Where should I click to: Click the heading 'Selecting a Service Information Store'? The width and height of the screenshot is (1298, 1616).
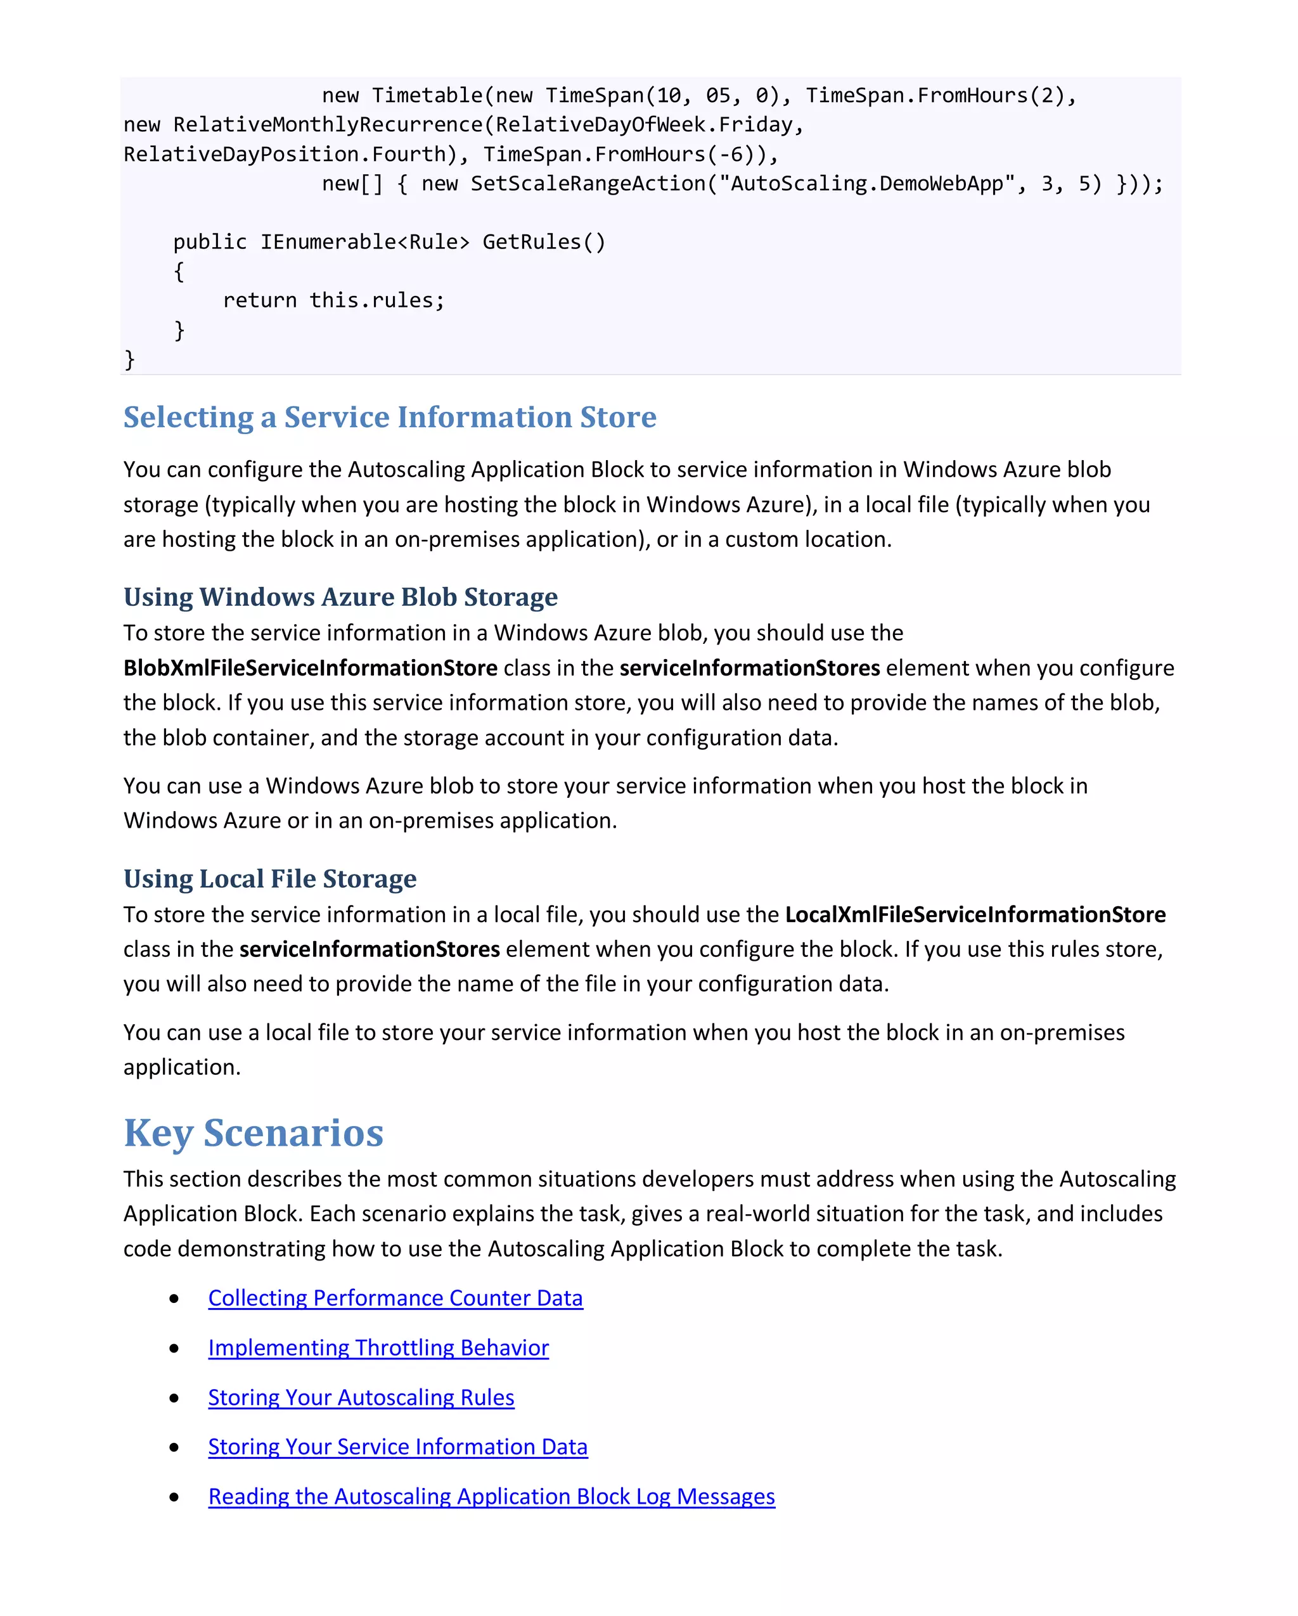click(389, 418)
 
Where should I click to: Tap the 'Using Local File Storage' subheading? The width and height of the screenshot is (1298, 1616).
click(270, 878)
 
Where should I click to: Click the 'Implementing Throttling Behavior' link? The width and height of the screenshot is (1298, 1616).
click(378, 1348)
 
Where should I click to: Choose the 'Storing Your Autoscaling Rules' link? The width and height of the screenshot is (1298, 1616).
click(361, 1397)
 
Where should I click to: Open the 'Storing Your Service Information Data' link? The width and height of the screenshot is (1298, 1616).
click(397, 1447)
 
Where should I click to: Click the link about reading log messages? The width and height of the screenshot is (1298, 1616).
click(491, 1496)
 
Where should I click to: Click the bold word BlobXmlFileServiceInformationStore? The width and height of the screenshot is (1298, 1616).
click(311, 668)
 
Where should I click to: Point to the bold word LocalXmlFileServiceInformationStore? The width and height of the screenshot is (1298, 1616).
click(974, 914)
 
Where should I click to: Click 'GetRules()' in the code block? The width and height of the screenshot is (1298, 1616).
click(543, 242)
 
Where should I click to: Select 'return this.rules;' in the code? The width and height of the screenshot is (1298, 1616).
click(333, 300)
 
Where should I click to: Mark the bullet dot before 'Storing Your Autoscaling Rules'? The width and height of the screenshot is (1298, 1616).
click(174, 1398)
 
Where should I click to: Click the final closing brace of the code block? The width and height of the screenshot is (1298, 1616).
click(129, 360)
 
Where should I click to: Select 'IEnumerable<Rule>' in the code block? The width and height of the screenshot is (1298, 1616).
click(364, 242)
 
